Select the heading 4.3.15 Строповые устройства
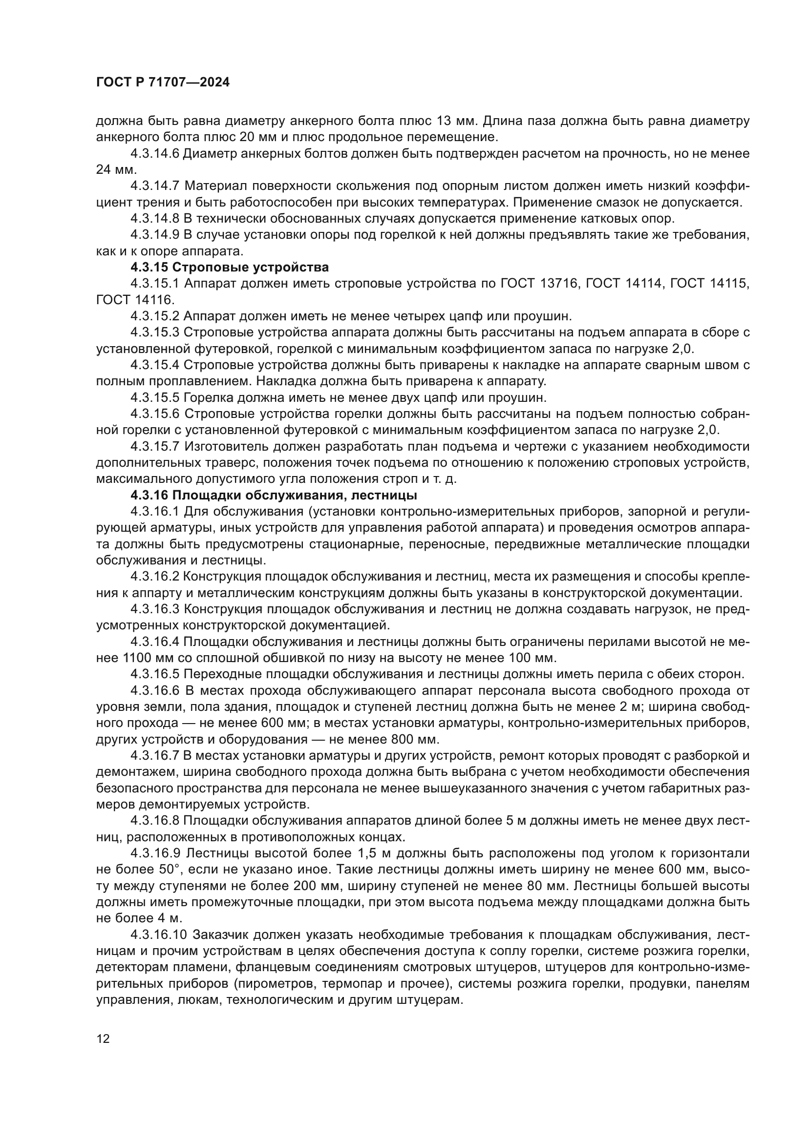coord(230,268)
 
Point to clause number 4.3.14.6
coord(155,154)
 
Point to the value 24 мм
coord(116,169)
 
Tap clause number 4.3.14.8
coord(155,218)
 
